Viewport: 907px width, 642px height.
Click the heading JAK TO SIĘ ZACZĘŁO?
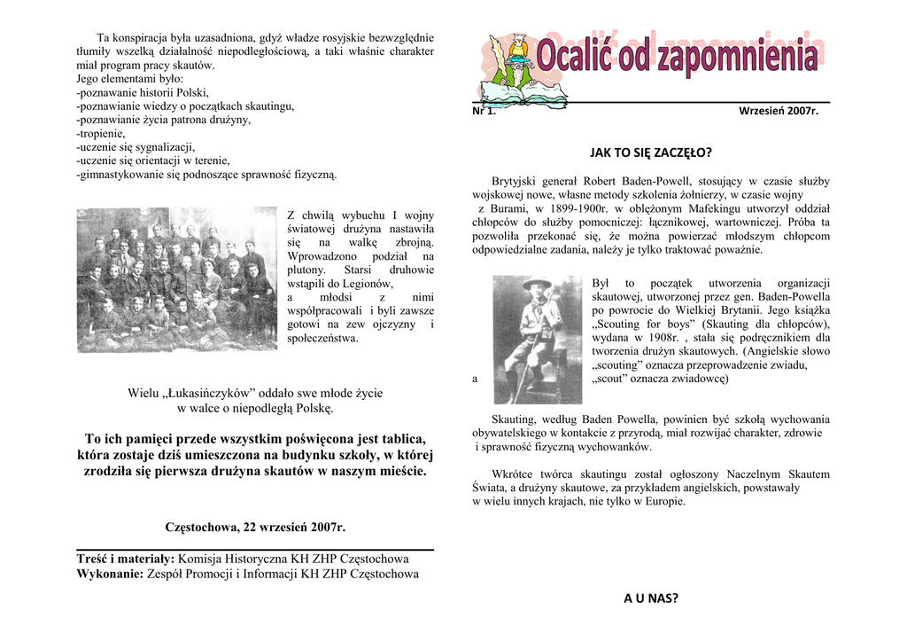click(651, 153)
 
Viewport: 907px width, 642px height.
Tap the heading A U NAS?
click(651, 599)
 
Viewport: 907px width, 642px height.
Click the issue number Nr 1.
click(485, 111)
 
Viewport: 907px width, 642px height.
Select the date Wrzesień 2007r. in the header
click(779, 111)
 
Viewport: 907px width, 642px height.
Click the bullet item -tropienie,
click(101, 133)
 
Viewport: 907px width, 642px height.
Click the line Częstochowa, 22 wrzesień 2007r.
click(255, 528)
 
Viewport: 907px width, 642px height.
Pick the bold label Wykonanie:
click(110, 574)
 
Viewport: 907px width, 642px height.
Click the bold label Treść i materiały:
click(125, 560)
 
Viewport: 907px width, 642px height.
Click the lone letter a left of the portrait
click(476, 380)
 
